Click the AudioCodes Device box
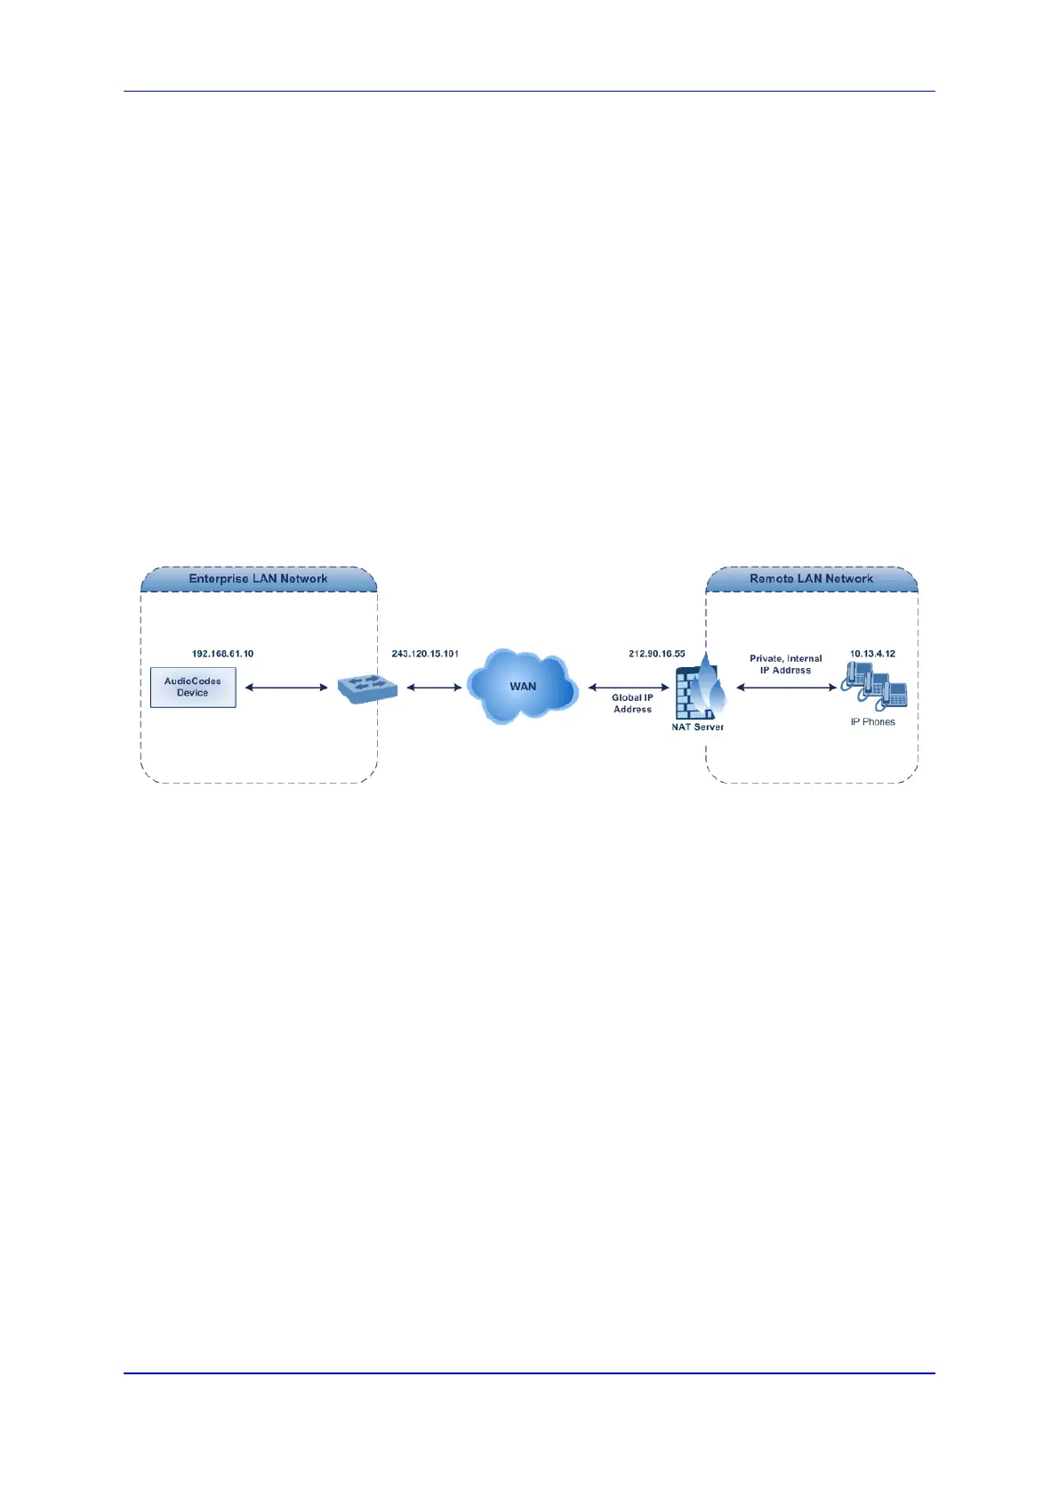click(193, 687)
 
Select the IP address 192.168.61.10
click(222, 654)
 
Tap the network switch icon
click(367, 688)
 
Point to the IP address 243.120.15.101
click(425, 654)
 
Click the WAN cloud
click(523, 686)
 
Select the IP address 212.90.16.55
click(657, 654)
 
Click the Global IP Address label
click(632, 704)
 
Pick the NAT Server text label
click(697, 728)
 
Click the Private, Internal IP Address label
click(785, 664)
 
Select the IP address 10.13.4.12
click(872, 654)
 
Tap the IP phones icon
click(875, 688)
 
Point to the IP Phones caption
click(872, 722)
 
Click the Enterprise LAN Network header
click(258, 579)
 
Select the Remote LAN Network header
click(811, 579)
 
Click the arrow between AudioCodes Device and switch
click(286, 688)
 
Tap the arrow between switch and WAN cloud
click(434, 688)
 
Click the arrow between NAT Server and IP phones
click(786, 688)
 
